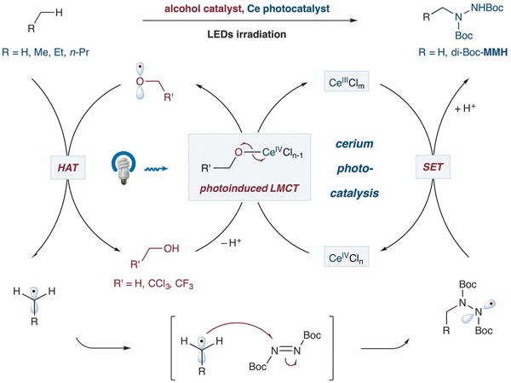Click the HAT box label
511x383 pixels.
[63, 161]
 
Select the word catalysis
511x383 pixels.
[359, 189]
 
